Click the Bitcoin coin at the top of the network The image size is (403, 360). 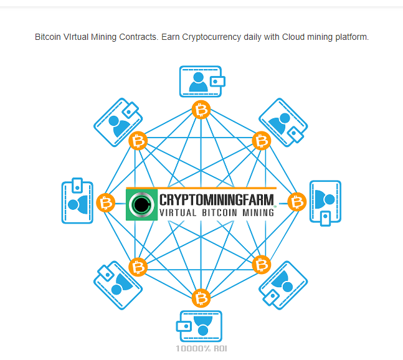click(x=201, y=110)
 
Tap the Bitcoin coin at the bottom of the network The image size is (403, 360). click(x=201, y=297)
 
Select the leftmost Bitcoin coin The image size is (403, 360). click(x=107, y=202)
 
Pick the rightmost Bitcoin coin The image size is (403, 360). click(x=297, y=202)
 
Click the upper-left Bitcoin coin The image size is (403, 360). click(x=138, y=141)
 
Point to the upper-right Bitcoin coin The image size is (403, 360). click(x=262, y=141)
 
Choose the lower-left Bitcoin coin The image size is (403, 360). click(x=138, y=267)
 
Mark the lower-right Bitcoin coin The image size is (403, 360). click(x=262, y=266)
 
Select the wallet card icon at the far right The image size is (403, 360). click(x=325, y=202)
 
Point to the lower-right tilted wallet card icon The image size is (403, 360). click(x=283, y=285)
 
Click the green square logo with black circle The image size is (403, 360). click(x=142, y=204)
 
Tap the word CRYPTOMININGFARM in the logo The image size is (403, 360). click(x=217, y=200)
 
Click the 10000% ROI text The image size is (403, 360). click(x=201, y=348)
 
